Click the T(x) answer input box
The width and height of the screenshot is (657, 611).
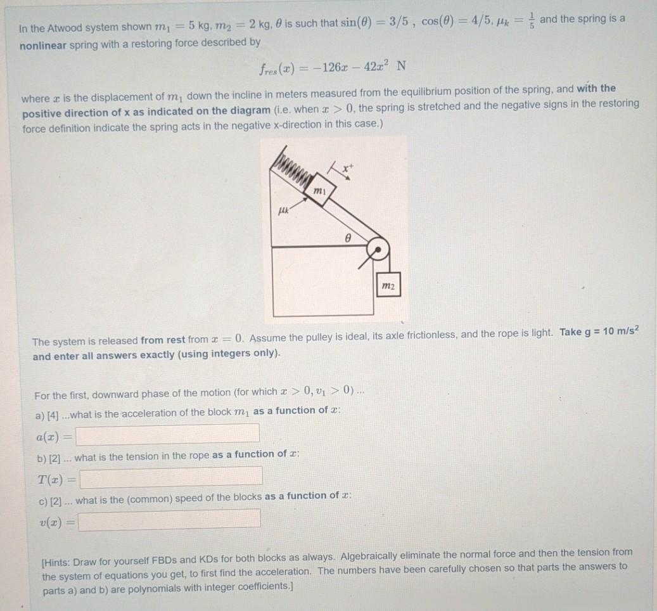pyautogui.click(x=171, y=476)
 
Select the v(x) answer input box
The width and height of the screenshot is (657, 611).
pyautogui.click(x=170, y=518)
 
